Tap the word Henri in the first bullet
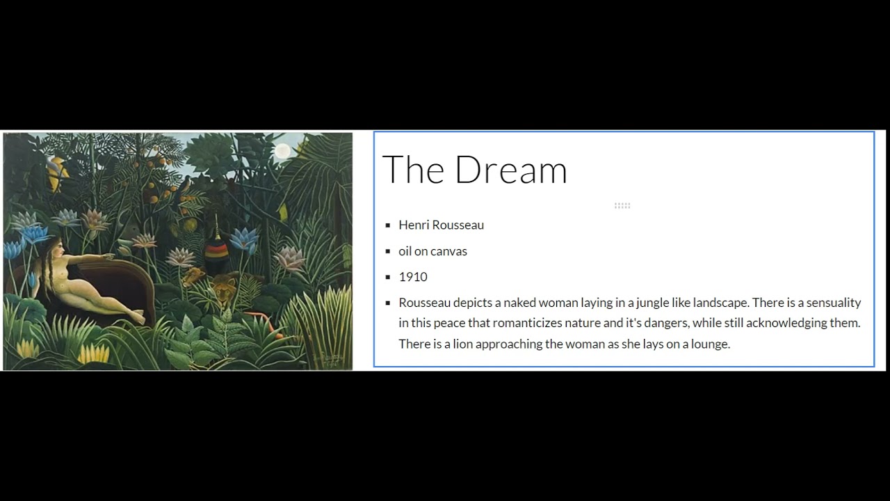[414, 225]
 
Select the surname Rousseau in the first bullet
[458, 225]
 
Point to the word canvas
[449, 251]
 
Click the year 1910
[413, 277]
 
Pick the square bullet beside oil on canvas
[388, 251]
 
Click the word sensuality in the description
[834, 303]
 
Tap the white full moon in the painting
[282, 151]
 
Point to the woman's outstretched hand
[109, 256]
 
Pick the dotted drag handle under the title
[622, 205]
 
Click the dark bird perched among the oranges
[186, 183]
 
